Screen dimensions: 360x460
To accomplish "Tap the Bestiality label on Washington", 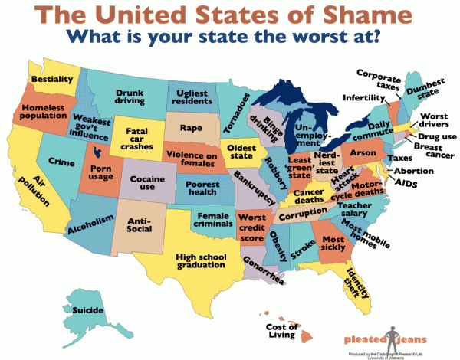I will (x=51, y=79).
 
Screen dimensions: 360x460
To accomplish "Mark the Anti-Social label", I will (x=140, y=226).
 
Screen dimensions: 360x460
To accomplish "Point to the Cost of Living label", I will (x=282, y=330).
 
